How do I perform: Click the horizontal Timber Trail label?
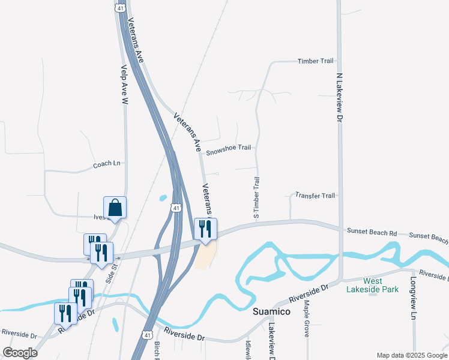click(315, 61)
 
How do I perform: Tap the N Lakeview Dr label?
click(339, 99)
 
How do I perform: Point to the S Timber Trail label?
click(256, 198)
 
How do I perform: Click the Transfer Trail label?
click(315, 196)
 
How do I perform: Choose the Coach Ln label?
click(107, 164)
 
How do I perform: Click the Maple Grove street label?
click(306, 319)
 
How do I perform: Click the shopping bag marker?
click(115, 208)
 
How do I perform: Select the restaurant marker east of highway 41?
click(205, 229)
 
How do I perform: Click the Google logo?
click(20, 353)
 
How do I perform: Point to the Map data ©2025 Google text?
click(411, 355)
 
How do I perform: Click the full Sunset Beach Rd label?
click(372, 232)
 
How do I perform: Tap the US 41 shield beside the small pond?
click(175, 208)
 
